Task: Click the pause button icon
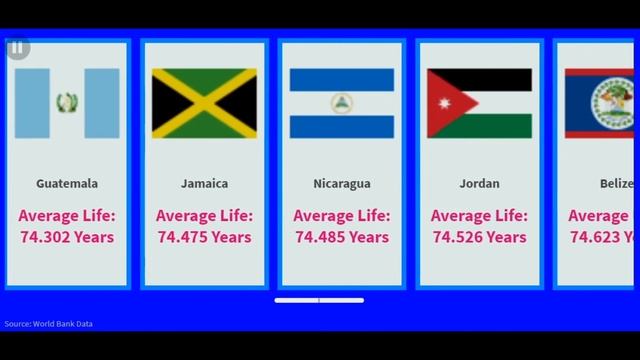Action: (17, 48)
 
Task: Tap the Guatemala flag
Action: (67, 103)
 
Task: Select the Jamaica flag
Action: (204, 103)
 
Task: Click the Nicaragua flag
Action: (342, 103)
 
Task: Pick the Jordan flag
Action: (479, 103)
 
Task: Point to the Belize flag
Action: (599, 103)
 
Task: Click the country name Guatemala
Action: (67, 184)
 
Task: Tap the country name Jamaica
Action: (204, 184)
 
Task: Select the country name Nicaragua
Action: (342, 184)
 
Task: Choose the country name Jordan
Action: (479, 184)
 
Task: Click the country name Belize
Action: (616, 184)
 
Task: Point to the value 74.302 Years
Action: (67, 237)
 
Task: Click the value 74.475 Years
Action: (204, 237)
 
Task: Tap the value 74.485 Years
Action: (342, 237)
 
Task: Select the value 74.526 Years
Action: (479, 237)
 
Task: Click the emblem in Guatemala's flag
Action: (67, 102)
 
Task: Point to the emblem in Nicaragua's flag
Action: (342, 103)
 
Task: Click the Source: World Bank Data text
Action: (48, 324)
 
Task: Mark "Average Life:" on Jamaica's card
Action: (204, 215)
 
